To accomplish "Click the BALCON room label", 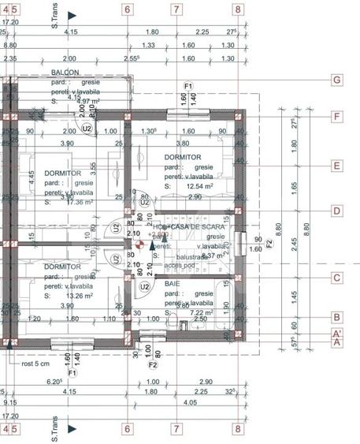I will point(65,72).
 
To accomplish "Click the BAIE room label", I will point(172,282).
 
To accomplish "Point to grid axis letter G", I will point(336,80).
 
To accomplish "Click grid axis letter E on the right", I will point(336,166).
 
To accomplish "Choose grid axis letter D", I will point(336,211).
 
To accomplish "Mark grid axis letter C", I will point(336,278).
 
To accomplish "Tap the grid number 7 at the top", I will point(176,9).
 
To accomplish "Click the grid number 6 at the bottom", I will point(127,429).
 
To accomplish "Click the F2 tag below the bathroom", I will point(153,364).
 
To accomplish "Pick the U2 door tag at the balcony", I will point(87,128).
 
